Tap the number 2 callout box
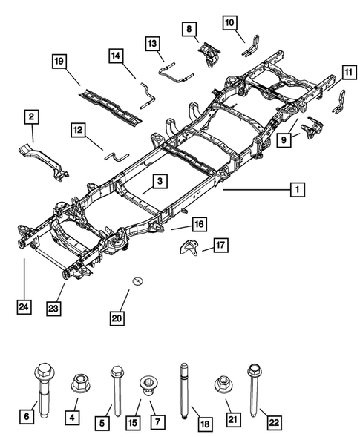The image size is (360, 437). [x=31, y=116]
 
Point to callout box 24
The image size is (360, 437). [x=24, y=304]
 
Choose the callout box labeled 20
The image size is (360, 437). [x=117, y=318]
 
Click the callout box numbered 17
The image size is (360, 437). [x=220, y=244]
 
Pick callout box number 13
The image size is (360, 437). [x=152, y=43]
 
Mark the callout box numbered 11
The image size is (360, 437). [x=348, y=72]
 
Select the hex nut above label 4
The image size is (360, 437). [x=79, y=385]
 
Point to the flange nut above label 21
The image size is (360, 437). [x=221, y=386]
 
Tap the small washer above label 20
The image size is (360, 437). [x=137, y=280]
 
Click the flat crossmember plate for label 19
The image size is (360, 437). [x=111, y=102]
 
